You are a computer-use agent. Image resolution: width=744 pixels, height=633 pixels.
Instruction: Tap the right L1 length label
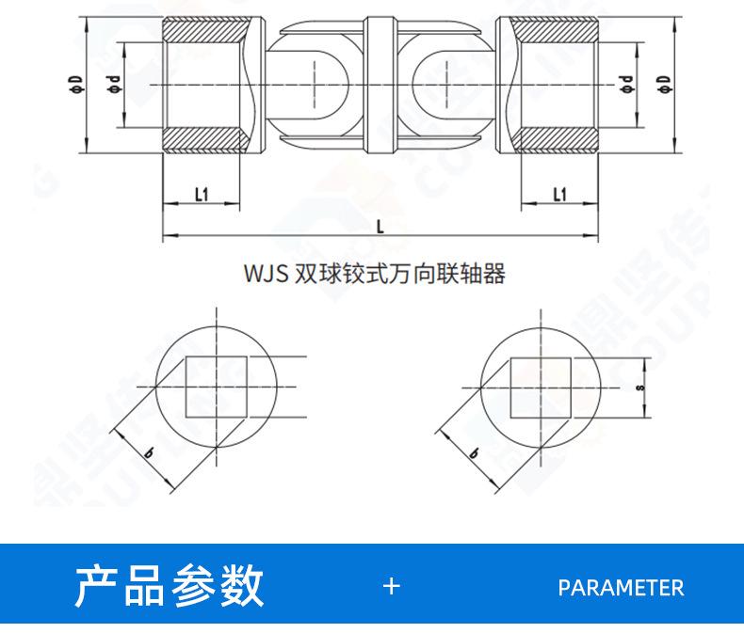pyautogui.click(x=559, y=194)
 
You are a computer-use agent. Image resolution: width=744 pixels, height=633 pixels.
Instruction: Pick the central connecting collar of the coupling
pyautogui.click(x=380, y=87)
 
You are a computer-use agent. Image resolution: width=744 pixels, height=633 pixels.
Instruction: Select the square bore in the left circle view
pyautogui.click(x=216, y=386)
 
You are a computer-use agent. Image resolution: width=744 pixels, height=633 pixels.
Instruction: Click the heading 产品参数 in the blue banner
pyautogui.click(x=170, y=587)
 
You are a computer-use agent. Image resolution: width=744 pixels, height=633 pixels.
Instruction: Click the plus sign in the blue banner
pyautogui.click(x=392, y=587)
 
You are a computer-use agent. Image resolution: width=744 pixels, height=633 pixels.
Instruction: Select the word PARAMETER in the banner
pyautogui.click(x=621, y=588)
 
